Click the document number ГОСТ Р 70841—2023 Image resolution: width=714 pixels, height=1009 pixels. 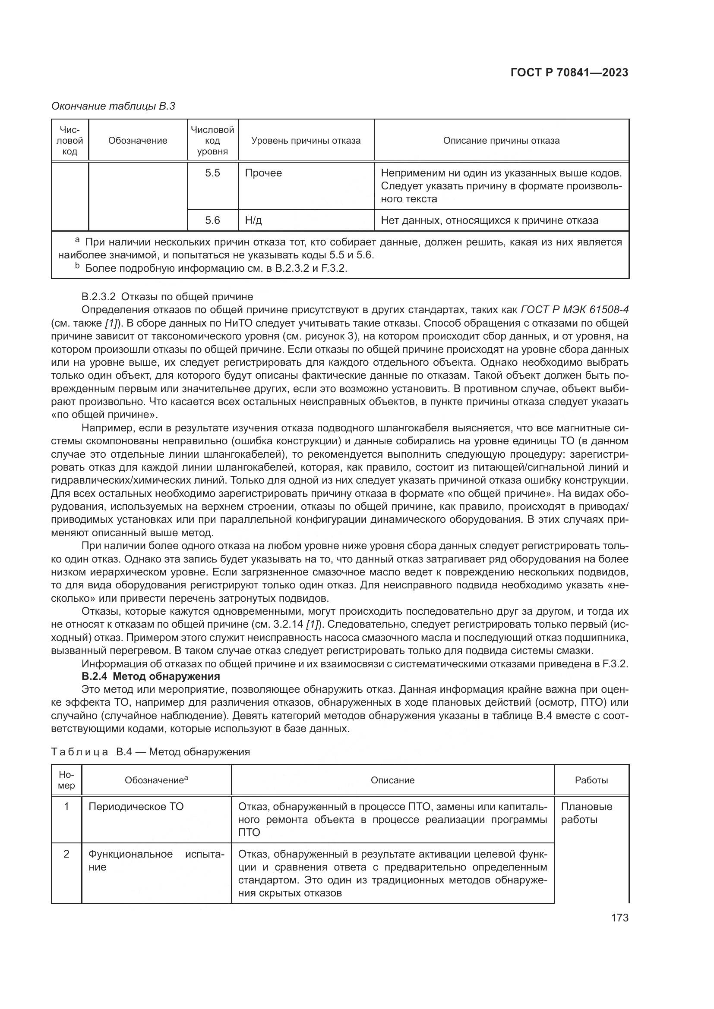coord(569,72)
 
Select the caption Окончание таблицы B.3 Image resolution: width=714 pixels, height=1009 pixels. coord(113,106)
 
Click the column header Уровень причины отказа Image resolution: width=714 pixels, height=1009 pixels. coord(306,141)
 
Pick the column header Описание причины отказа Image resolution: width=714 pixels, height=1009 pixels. coord(501,141)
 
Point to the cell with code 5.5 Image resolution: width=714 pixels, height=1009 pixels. coord(212,173)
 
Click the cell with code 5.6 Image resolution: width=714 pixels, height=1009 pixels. coord(212,220)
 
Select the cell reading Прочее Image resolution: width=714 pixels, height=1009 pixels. coord(263,173)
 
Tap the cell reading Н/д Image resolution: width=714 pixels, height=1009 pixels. coord(253,220)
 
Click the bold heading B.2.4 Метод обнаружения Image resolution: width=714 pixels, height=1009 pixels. coord(151,676)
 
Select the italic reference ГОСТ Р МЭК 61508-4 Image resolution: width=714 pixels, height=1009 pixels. coord(574,310)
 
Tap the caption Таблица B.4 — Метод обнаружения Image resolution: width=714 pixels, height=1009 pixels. coord(150,752)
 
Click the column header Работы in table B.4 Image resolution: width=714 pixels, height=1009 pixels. coord(591,780)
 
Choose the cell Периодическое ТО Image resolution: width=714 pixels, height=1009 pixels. coord(136,807)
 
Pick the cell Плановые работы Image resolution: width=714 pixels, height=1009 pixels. coord(586,813)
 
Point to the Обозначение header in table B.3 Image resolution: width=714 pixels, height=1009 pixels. coord(138,141)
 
